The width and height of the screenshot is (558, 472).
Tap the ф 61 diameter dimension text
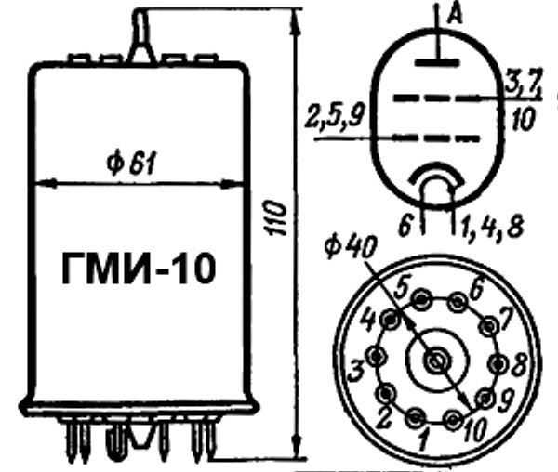(x=131, y=164)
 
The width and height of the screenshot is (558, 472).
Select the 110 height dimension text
(x=276, y=217)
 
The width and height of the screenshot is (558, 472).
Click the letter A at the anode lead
(x=455, y=15)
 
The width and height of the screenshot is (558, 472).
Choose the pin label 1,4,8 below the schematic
(x=491, y=227)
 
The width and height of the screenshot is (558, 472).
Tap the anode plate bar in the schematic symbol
(x=437, y=63)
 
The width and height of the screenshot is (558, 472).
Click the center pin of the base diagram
(x=437, y=361)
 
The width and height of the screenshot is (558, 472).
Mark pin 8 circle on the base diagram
(x=498, y=362)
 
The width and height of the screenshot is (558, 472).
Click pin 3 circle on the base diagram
(x=378, y=356)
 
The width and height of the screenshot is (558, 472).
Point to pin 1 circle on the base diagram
(x=416, y=417)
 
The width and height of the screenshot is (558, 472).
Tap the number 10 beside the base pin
(x=476, y=428)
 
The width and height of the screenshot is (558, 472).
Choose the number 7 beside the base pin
(x=506, y=318)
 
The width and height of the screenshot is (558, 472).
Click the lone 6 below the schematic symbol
(x=405, y=226)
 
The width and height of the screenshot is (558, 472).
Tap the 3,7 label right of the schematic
(x=523, y=83)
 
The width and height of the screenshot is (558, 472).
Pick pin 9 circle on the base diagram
(x=485, y=399)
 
